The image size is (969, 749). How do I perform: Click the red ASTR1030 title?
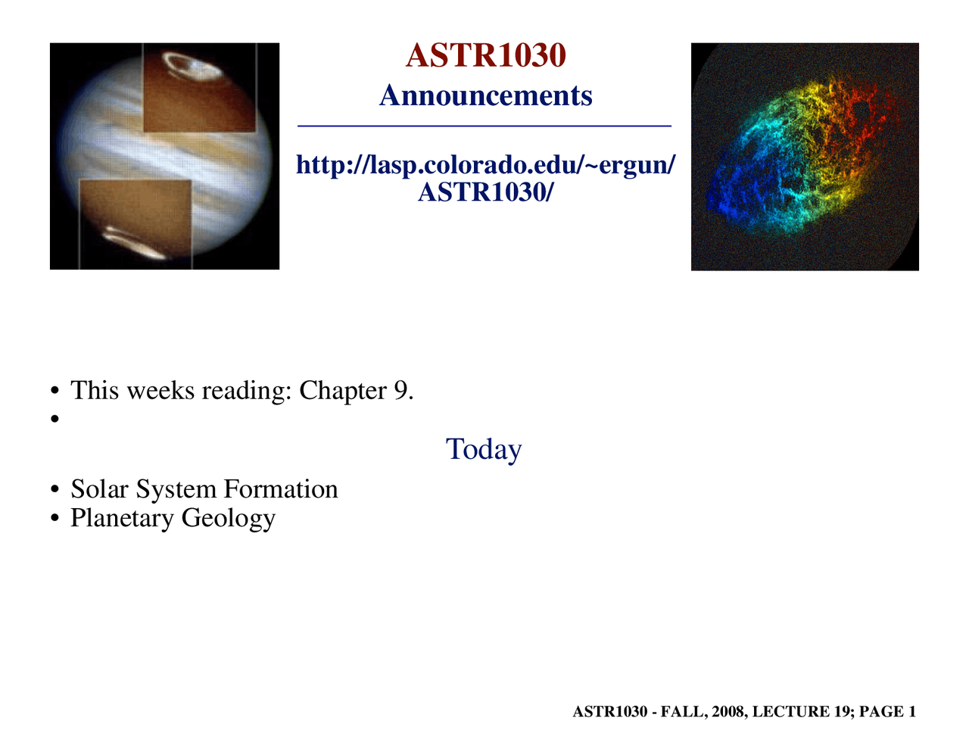click(485, 56)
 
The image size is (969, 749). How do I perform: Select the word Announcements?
click(485, 96)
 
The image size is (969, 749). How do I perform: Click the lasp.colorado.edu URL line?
click(485, 164)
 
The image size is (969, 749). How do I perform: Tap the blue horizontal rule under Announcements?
click(484, 126)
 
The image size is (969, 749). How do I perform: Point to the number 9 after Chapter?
click(400, 391)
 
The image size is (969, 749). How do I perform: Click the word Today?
click(484, 449)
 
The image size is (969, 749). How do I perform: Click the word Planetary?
click(122, 519)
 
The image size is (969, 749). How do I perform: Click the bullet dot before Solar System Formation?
click(55, 491)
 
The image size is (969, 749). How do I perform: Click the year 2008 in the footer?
click(728, 712)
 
